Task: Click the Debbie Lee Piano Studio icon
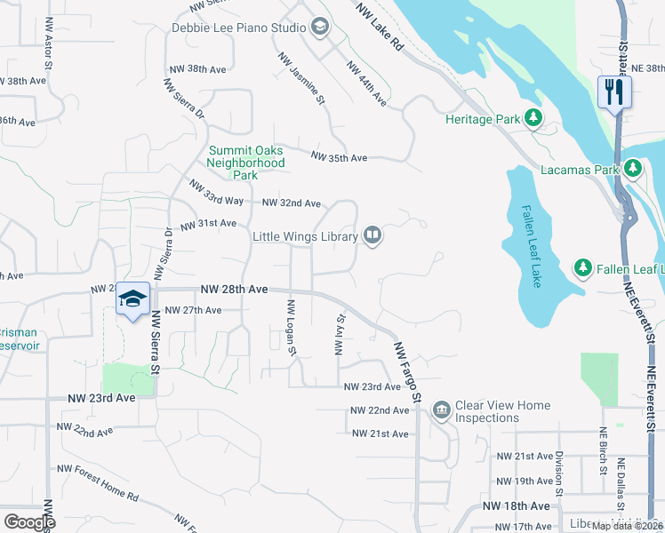point(318,28)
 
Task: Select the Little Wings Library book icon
point(373,236)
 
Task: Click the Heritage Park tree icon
point(533,118)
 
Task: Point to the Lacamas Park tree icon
point(632,168)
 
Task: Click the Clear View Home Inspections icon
point(441,410)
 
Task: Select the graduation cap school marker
point(132,298)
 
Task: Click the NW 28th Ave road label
point(234,290)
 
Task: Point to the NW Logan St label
point(291,327)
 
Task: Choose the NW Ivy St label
point(339,334)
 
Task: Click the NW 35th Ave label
point(339,158)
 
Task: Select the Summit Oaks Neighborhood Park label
point(246,163)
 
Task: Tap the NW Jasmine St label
point(301,79)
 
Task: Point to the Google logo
point(28,521)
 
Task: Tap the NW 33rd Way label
point(216,193)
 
